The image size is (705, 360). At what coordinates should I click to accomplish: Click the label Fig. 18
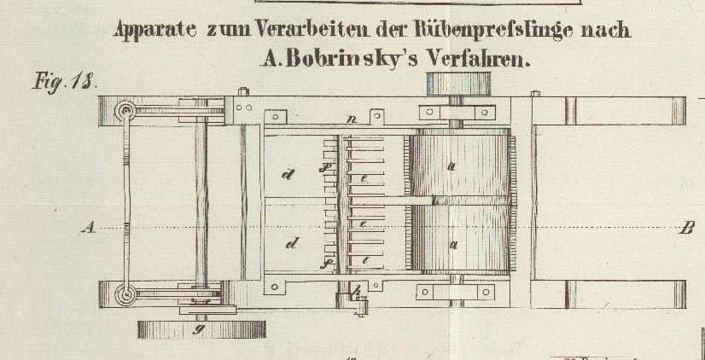coord(65,83)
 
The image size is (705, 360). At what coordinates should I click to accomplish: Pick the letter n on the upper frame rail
coord(351,120)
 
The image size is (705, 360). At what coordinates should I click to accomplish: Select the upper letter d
coord(288,176)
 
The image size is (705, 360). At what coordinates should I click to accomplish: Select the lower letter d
coord(292,244)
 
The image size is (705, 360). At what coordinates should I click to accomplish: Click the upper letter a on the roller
coord(452,166)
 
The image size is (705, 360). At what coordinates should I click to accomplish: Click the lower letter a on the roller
coord(454,245)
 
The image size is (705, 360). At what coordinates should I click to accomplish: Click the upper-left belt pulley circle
coord(127,111)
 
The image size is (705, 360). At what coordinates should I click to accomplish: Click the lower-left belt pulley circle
coord(127,295)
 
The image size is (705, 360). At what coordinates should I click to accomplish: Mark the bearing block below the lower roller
coord(453,293)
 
